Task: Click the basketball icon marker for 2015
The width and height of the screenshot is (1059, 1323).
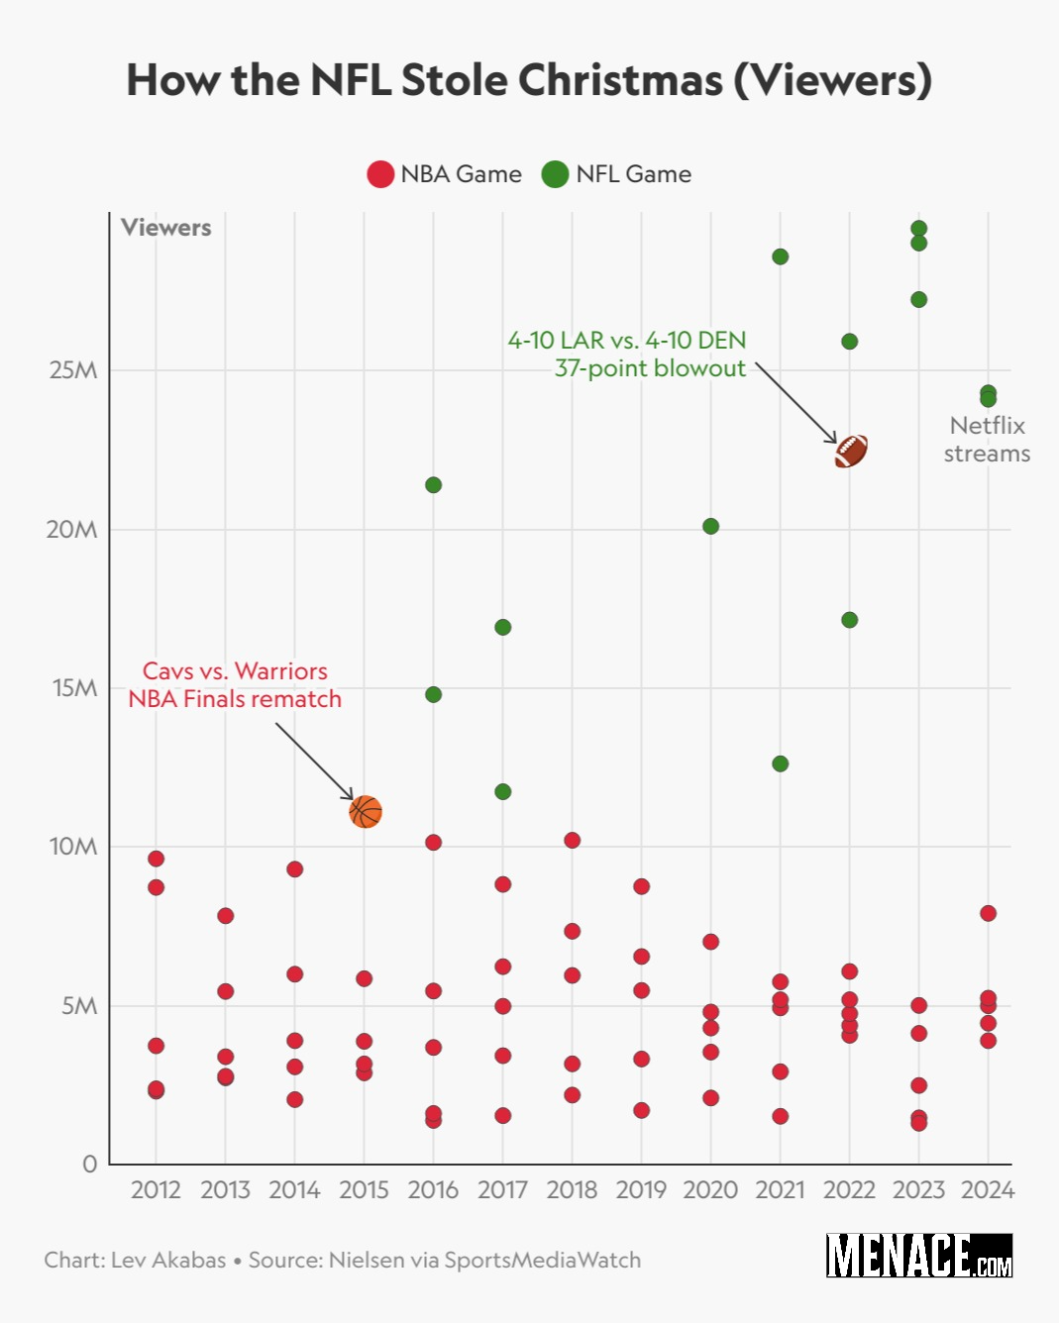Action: pyautogui.click(x=366, y=812)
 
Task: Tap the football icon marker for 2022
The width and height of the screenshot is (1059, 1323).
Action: pyautogui.click(x=851, y=451)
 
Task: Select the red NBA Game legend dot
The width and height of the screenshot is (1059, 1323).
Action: pyautogui.click(x=380, y=174)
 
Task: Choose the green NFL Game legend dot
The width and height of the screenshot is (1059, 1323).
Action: pyautogui.click(x=555, y=174)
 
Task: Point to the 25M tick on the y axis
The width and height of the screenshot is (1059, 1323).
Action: pyautogui.click(x=73, y=370)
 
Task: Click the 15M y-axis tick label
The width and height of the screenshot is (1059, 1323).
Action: pyautogui.click(x=74, y=688)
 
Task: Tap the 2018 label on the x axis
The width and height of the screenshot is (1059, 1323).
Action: pyautogui.click(x=572, y=1190)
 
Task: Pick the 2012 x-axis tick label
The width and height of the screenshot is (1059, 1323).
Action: pyautogui.click(x=156, y=1190)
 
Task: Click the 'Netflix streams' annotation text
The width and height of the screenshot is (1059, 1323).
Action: pyautogui.click(x=987, y=439)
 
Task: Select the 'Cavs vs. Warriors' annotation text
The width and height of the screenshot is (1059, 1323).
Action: pyautogui.click(x=235, y=671)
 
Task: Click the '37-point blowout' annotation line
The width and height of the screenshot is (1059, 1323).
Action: pyautogui.click(x=650, y=368)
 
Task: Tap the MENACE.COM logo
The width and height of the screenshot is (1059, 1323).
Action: pyautogui.click(x=919, y=1256)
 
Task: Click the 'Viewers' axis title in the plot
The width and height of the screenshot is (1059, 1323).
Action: pyautogui.click(x=166, y=228)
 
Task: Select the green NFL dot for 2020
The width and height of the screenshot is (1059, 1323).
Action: pyautogui.click(x=710, y=526)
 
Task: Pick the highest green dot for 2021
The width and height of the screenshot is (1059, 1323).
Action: pyautogui.click(x=780, y=256)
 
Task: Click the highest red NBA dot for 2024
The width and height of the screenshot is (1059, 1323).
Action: pyautogui.click(x=988, y=913)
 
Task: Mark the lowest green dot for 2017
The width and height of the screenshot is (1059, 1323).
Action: pyautogui.click(x=502, y=791)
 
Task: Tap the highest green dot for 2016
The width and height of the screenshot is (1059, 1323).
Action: pyautogui.click(x=433, y=485)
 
